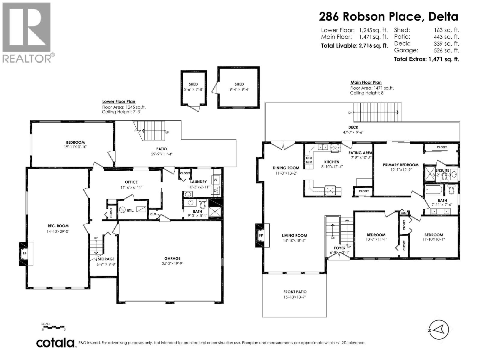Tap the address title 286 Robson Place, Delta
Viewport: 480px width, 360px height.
pos(388,16)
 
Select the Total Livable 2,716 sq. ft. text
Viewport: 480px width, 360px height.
pos(354,46)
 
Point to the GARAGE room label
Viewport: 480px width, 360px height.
pos(172,258)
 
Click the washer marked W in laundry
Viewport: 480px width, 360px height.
pos(216,180)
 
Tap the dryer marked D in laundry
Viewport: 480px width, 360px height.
pos(216,190)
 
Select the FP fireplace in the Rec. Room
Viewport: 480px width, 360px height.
pos(25,253)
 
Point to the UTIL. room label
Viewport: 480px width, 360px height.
pos(130,210)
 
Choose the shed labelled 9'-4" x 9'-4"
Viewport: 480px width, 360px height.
pos(239,87)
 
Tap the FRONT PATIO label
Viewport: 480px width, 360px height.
pos(295,292)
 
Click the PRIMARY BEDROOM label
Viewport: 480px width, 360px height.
pos(400,165)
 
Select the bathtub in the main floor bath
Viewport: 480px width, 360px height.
pos(434,190)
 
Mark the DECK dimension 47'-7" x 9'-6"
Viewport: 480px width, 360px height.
pos(353,132)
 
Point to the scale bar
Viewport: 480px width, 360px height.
pos(54,326)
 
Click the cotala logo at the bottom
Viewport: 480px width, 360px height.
pos(55,343)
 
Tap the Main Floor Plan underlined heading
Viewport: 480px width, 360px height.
pos(366,82)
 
